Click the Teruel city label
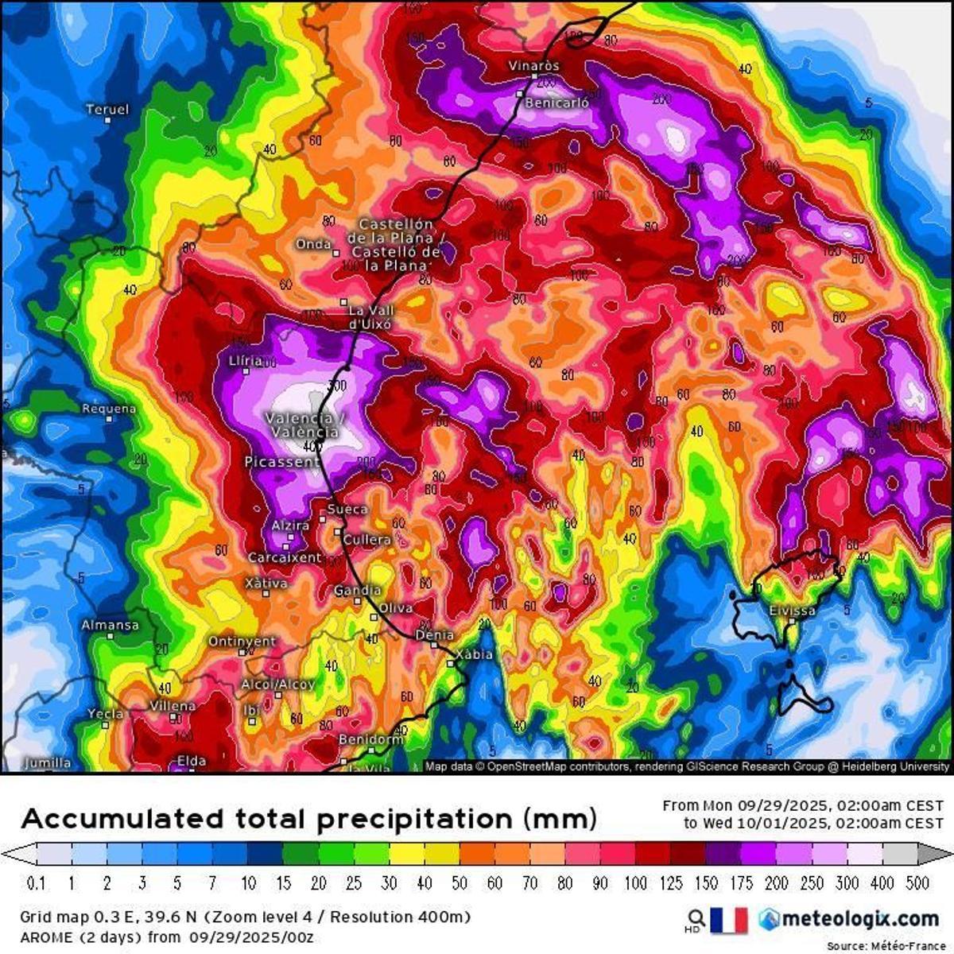(x=107, y=110)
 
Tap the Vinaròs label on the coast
(x=534, y=66)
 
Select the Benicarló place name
(x=557, y=103)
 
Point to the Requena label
(x=109, y=409)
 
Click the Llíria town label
(x=245, y=361)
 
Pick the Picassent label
(x=281, y=462)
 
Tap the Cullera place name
(x=367, y=540)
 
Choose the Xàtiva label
(x=266, y=584)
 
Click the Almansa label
(x=110, y=626)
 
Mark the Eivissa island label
(x=792, y=611)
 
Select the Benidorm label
(x=370, y=739)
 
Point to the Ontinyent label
(x=242, y=642)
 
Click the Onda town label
(x=313, y=244)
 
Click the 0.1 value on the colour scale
(x=36, y=883)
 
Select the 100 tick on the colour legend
(x=634, y=883)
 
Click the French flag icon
(x=729, y=920)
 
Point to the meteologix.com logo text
(x=859, y=919)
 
